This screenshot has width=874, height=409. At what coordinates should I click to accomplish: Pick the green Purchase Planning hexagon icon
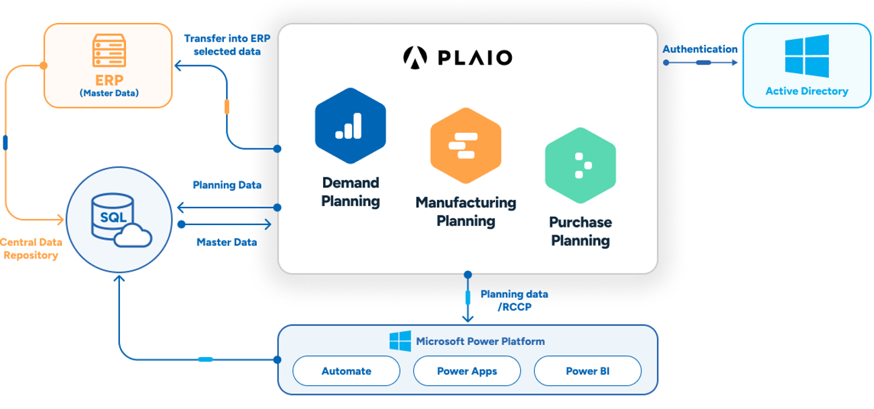580,166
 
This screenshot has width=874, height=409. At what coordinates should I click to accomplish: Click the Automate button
346,371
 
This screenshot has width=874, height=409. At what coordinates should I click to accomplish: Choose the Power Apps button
467,371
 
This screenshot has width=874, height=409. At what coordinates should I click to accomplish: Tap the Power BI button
587,371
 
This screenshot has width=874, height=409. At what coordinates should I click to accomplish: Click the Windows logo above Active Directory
806,55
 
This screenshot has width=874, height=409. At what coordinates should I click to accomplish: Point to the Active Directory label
807,91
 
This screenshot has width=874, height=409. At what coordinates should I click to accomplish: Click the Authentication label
700,49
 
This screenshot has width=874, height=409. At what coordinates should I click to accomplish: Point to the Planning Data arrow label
227,185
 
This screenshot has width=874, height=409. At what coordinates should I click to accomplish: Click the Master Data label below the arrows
227,242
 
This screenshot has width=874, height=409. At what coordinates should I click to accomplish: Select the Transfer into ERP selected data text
222,44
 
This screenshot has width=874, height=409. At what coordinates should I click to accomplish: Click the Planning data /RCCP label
514,301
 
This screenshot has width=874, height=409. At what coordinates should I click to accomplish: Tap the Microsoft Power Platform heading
480,341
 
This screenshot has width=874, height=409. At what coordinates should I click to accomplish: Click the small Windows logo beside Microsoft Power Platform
400,341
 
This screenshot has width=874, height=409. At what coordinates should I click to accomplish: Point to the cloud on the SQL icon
133,237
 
